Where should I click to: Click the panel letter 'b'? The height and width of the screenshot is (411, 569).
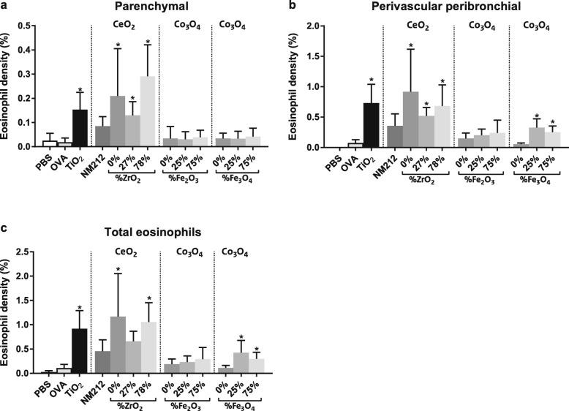click(293, 5)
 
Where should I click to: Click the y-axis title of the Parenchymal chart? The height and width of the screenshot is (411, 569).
click(9, 86)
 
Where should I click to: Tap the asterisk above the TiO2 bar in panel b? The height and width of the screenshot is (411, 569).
click(372, 80)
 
